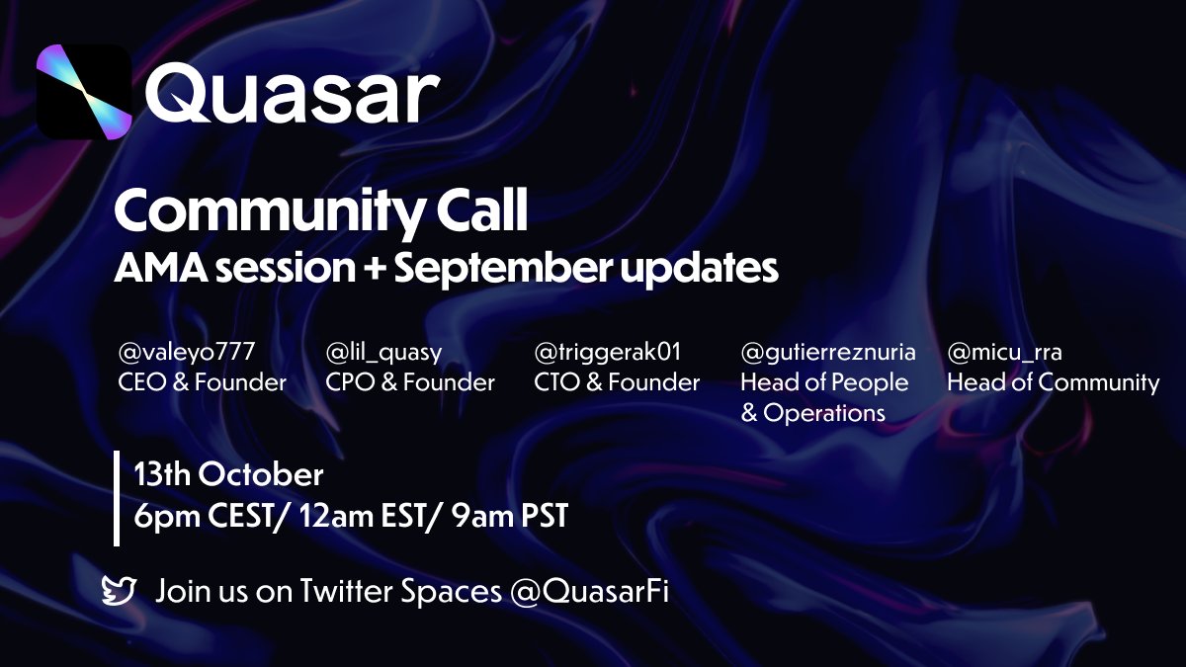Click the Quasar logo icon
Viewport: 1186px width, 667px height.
(84, 91)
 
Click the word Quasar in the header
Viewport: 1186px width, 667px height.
(292, 94)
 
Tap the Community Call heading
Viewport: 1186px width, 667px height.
(321, 210)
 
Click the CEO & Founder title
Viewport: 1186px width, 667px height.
(202, 382)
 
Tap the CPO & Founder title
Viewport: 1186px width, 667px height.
(410, 382)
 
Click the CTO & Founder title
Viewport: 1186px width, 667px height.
(617, 382)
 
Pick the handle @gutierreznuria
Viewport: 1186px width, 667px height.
(828, 352)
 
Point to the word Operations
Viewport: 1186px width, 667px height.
(823, 413)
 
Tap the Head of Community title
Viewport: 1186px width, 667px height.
(1054, 382)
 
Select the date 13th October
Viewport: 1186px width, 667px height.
(229, 475)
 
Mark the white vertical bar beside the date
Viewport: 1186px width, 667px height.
(117, 498)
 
